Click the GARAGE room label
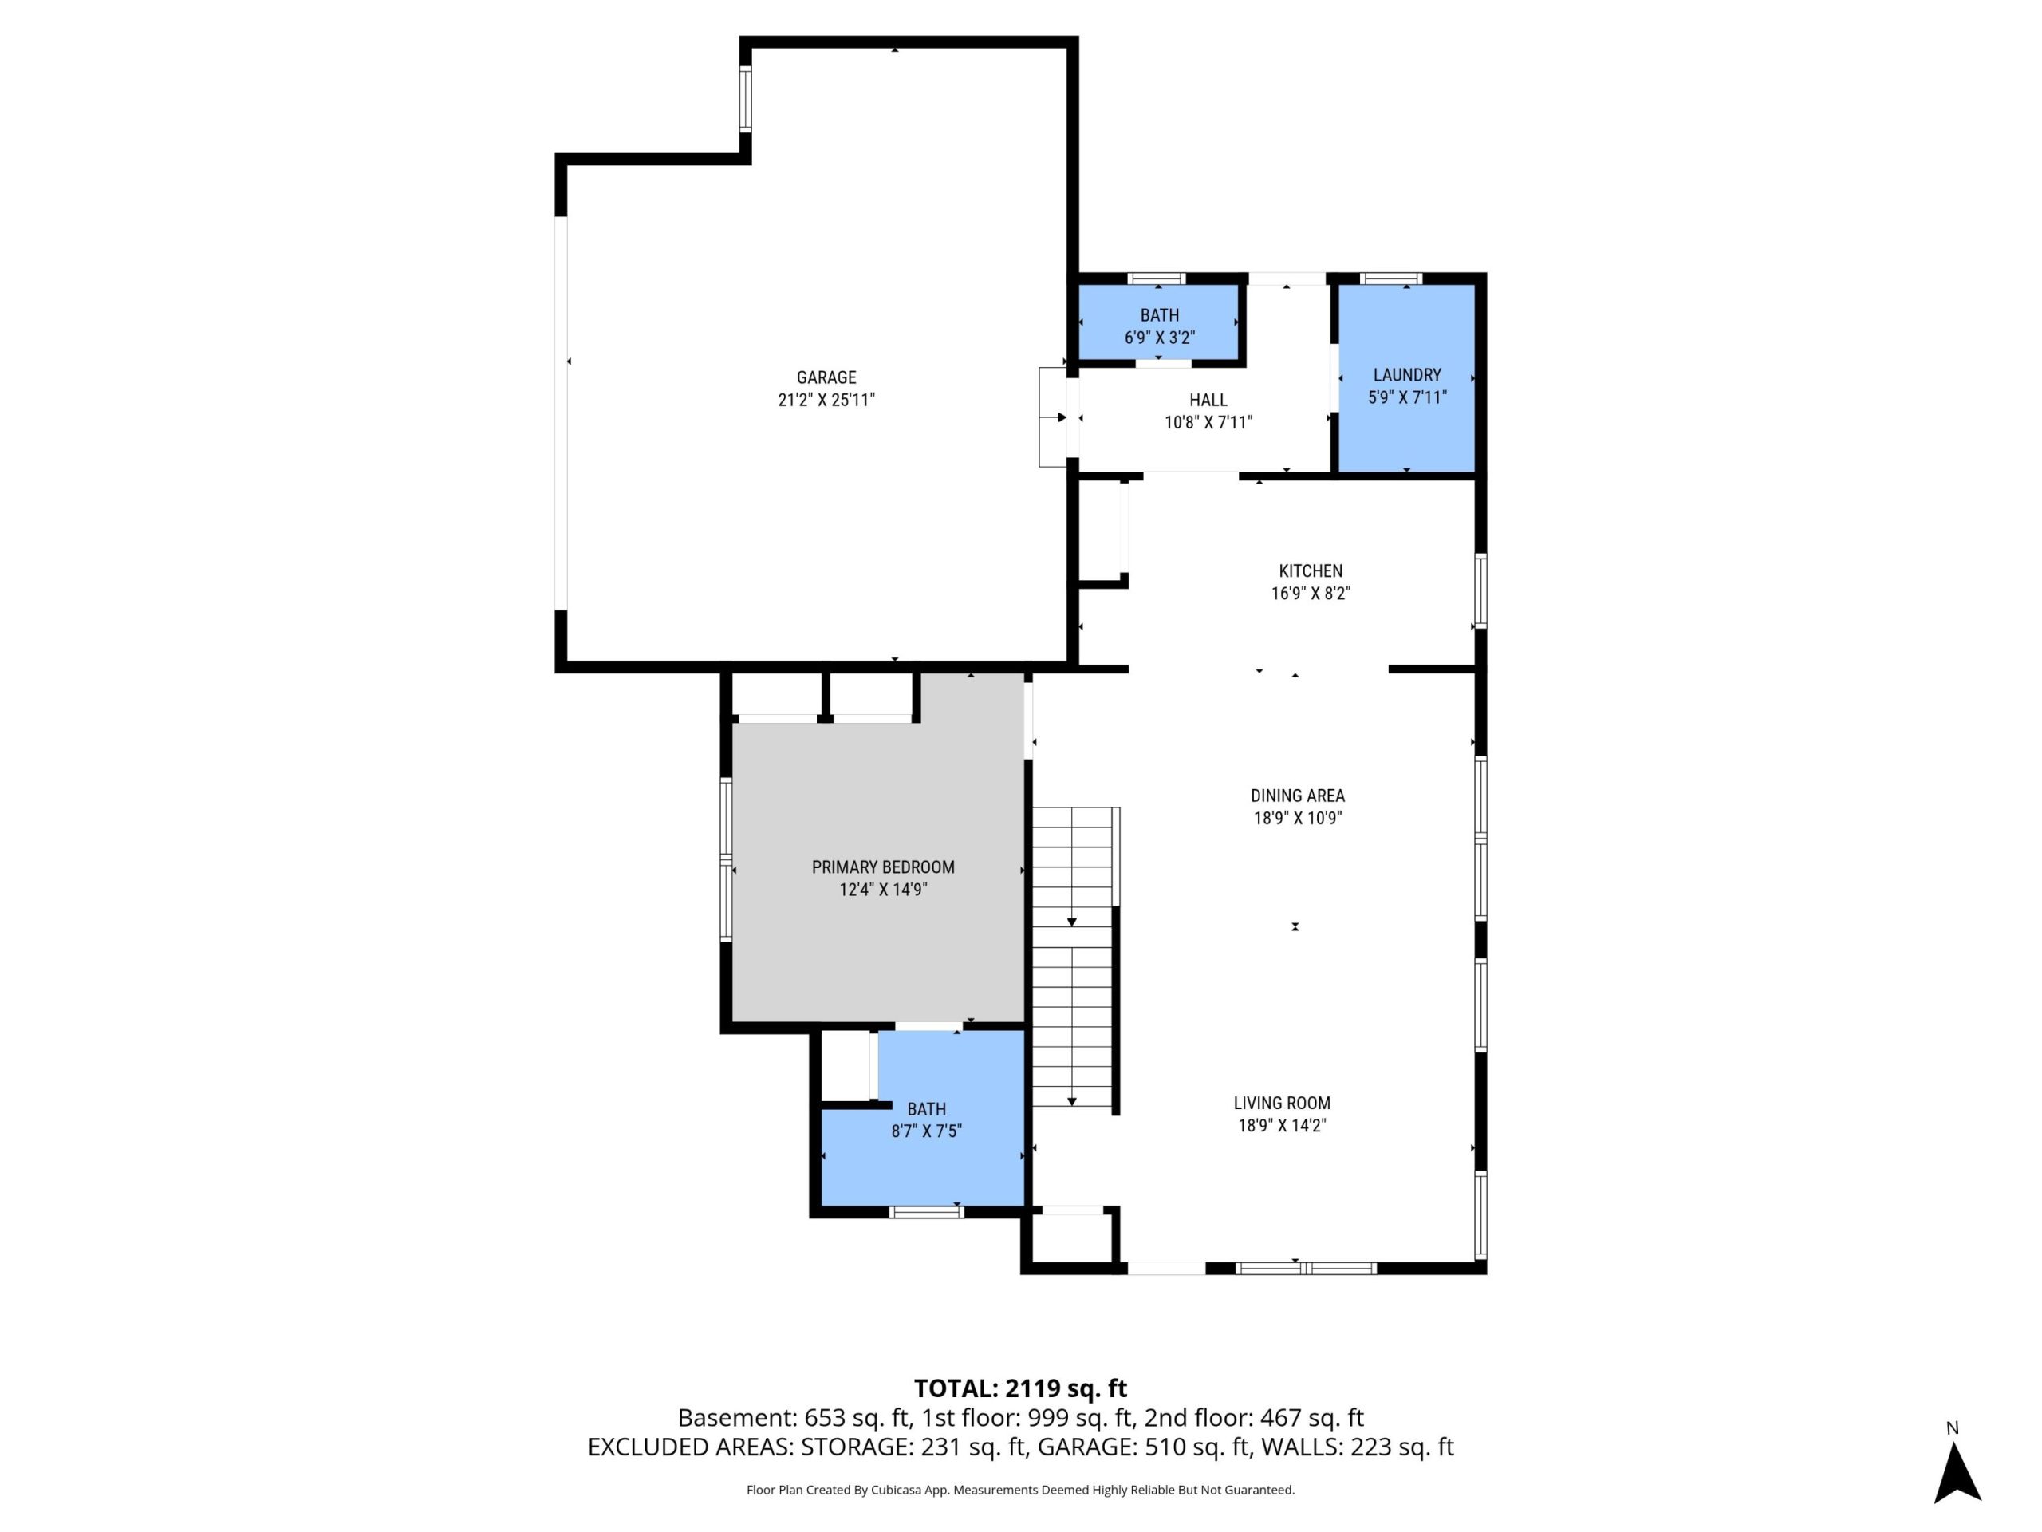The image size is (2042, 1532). [826, 377]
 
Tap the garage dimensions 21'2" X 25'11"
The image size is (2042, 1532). [826, 400]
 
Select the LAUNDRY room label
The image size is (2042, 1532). [1407, 375]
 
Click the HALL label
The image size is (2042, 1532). [1208, 400]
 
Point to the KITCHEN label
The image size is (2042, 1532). [1311, 571]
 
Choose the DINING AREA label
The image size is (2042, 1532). [1298, 795]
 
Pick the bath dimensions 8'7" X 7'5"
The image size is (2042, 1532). [927, 1131]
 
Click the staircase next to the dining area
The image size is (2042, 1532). [1073, 958]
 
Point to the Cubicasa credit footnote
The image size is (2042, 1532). [1021, 1490]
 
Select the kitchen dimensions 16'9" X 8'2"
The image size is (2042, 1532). [1311, 594]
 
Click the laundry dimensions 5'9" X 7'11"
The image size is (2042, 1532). [1407, 398]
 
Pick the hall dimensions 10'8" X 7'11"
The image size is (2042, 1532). [1208, 423]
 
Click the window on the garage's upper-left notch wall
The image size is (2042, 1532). [745, 98]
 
